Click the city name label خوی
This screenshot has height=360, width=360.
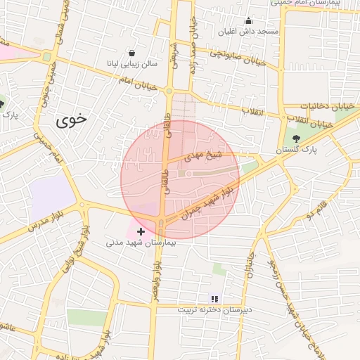[x=72, y=119]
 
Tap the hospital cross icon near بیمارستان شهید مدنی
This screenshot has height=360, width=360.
[x=141, y=231]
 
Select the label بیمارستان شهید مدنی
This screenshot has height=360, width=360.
[x=139, y=243]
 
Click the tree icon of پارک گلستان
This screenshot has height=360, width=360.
[x=296, y=139]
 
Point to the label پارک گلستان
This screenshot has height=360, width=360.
[x=296, y=150]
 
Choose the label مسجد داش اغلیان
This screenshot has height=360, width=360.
[x=258, y=32]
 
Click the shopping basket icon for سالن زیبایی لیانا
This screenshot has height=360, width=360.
[x=133, y=53]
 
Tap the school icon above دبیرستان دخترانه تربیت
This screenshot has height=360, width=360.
[x=214, y=298]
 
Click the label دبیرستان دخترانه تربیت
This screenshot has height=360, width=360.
[x=214, y=309]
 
